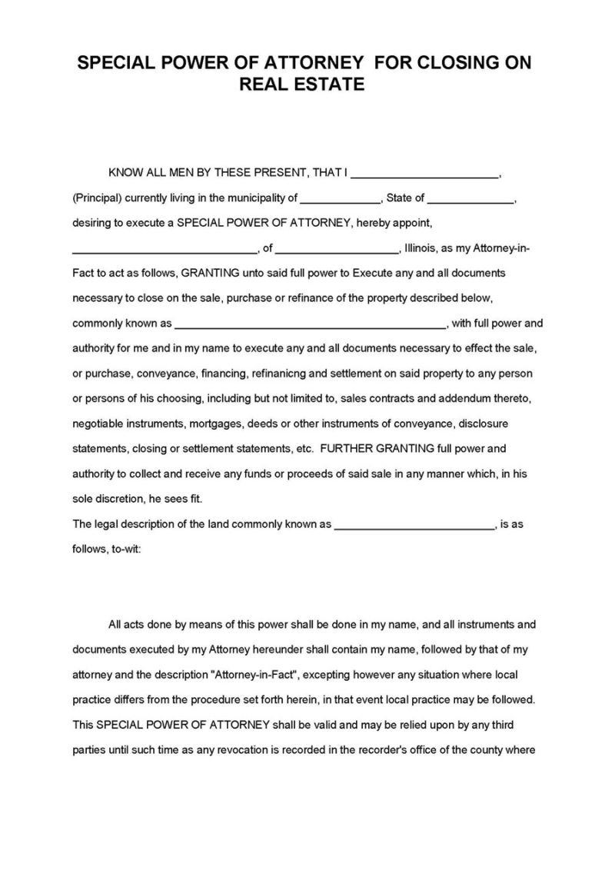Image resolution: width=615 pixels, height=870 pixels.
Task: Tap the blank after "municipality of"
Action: (x=340, y=199)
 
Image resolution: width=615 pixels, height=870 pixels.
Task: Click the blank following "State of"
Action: (x=470, y=199)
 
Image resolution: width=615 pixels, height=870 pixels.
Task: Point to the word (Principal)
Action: (x=98, y=198)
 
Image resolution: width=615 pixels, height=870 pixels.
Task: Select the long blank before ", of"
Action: (x=164, y=249)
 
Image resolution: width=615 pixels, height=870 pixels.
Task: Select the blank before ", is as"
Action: (x=415, y=526)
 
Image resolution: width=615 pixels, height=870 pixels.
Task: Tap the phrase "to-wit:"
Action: (x=124, y=550)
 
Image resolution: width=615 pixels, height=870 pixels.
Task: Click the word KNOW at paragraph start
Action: (x=124, y=174)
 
